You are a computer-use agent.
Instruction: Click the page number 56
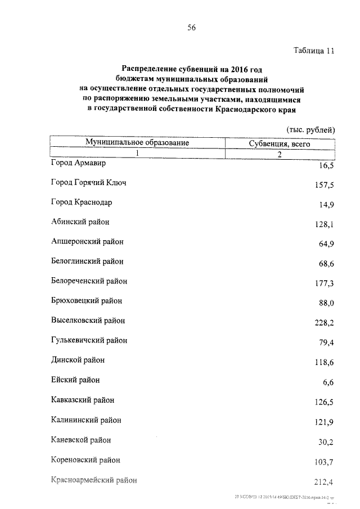(191, 29)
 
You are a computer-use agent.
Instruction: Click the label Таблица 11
(314, 50)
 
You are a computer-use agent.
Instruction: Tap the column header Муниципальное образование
(137, 143)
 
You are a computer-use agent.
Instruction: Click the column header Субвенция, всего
(280, 144)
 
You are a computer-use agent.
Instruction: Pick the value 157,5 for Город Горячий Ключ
(325, 185)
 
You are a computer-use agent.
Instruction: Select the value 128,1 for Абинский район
(325, 224)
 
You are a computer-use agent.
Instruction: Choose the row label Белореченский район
(89, 281)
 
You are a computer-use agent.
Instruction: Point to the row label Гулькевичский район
(89, 340)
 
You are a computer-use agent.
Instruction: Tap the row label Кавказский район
(83, 400)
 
